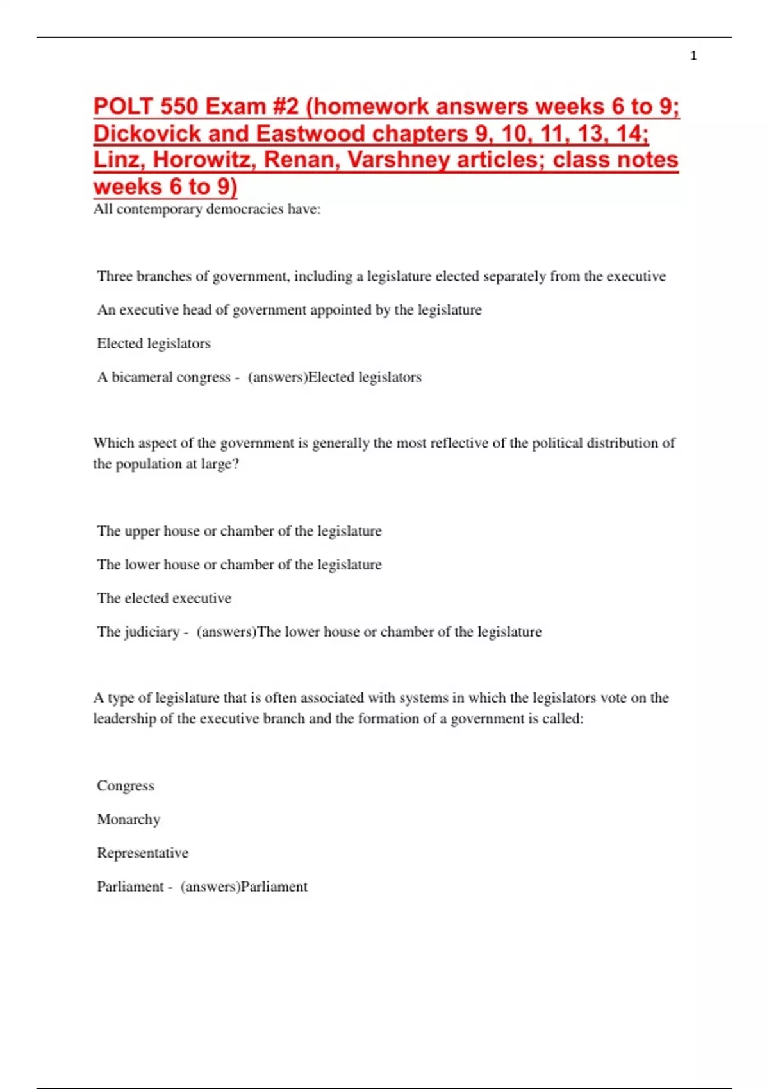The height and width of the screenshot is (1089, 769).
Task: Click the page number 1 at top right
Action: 693,56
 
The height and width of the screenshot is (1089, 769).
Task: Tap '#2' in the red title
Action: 281,106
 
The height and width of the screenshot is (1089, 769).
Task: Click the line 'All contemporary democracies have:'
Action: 206,209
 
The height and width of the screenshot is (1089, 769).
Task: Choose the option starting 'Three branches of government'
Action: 381,276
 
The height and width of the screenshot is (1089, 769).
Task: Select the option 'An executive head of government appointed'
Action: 289,310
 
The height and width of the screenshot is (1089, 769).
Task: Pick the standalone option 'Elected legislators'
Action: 154,343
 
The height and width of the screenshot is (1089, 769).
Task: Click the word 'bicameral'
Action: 142,377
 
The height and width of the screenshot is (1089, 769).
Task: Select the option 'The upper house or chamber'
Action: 239,531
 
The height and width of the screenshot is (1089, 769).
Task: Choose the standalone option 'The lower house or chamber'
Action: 239,564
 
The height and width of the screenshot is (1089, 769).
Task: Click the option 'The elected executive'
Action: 164,598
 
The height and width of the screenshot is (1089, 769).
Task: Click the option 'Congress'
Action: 126,786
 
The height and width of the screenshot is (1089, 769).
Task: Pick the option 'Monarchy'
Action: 128,819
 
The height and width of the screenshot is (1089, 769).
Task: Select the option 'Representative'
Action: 142,853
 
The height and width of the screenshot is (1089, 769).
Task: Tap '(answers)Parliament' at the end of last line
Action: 244,887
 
